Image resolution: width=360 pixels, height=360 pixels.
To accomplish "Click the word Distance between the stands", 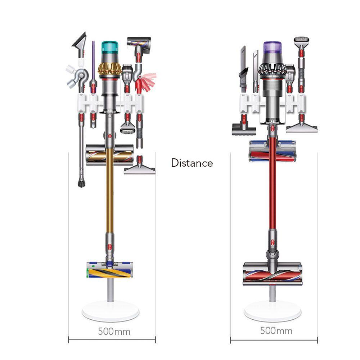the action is (x=192, y=163).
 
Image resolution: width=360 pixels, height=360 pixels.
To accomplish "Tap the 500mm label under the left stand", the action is (x=114, y=332).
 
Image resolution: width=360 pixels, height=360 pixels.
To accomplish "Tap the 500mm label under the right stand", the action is (x=276, y=331).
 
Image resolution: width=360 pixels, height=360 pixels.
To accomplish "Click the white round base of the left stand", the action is (x=111, y=311).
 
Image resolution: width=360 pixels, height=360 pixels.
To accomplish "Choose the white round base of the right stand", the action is (x=273, y=311).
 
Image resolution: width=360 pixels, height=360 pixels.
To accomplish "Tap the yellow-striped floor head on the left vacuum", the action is (x=109, y=270).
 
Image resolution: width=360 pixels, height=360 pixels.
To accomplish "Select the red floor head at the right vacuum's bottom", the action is (x=273, y=274).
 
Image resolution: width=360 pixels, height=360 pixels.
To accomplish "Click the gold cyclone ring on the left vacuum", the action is (x=110, y=68).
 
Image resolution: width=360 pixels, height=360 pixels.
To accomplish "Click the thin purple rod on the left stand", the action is (x=93, y=60).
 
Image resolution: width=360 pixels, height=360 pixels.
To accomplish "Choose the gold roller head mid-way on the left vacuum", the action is (x=109, y=154).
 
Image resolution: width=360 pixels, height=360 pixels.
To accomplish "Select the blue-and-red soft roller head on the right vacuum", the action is (x=273, y=151).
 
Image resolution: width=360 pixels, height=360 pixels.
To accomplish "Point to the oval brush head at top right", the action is (x=301, y=40).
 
